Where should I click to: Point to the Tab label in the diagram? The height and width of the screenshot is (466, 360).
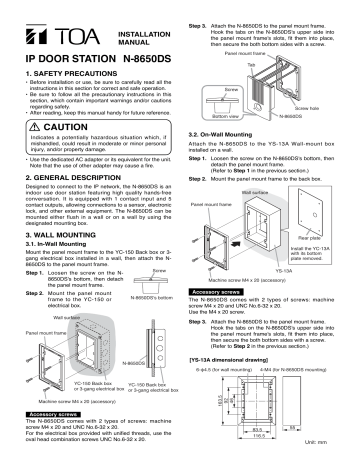click(x=279, y=61)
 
